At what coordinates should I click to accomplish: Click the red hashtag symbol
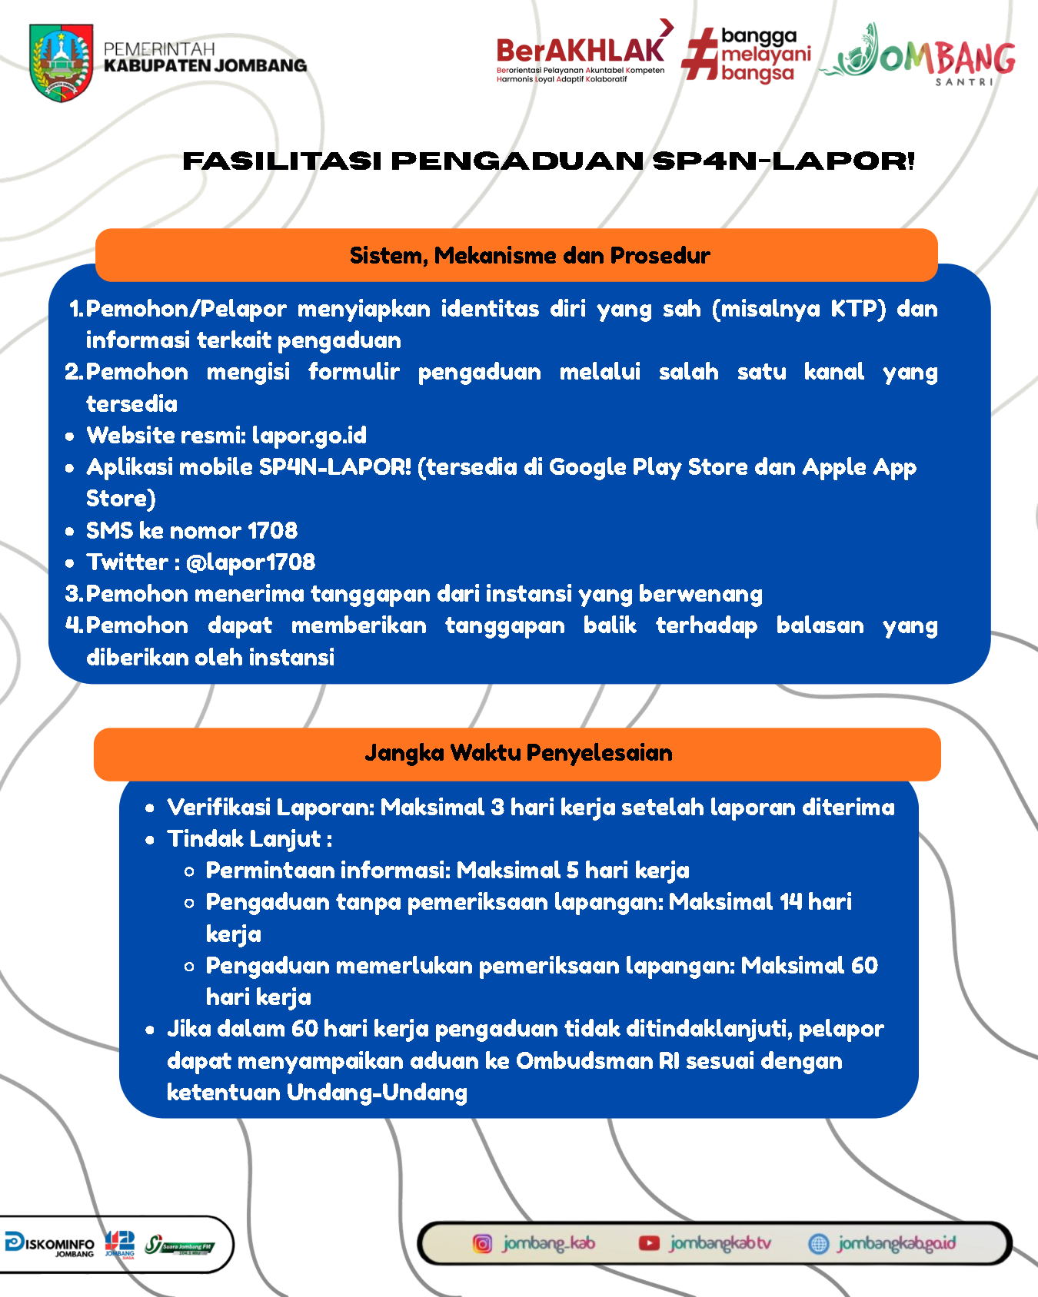tap(698, 54)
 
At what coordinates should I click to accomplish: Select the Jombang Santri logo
tap(919, 54)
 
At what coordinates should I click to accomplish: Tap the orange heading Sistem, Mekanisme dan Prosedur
tap(530, 255)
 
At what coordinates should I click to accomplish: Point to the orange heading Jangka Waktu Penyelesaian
tap(518, 753)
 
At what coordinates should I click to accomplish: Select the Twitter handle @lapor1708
tap(251, 562)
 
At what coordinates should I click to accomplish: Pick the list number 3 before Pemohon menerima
tap(73, 594)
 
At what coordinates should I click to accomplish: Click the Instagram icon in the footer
tap(482, 1243)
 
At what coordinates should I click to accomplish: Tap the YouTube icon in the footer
tap(649, 1243)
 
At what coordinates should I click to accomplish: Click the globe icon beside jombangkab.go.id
tap(818, 1243)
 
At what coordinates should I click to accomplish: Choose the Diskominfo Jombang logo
tap(49, 1243)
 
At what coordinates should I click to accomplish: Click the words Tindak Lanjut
tap(244, 839)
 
